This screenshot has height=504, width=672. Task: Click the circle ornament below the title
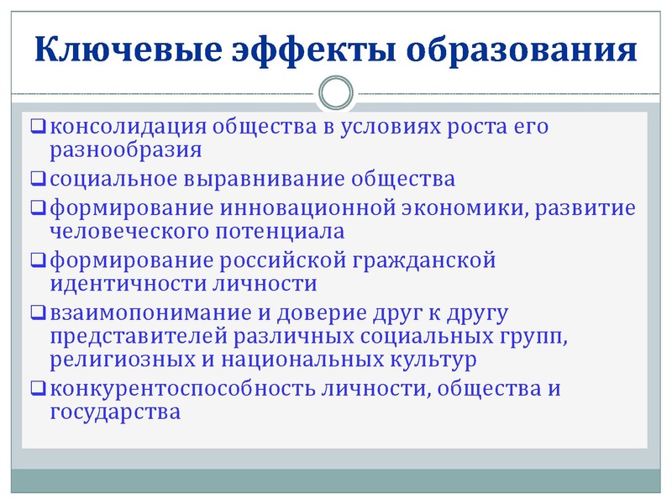336,92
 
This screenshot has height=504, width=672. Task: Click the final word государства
115,412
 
